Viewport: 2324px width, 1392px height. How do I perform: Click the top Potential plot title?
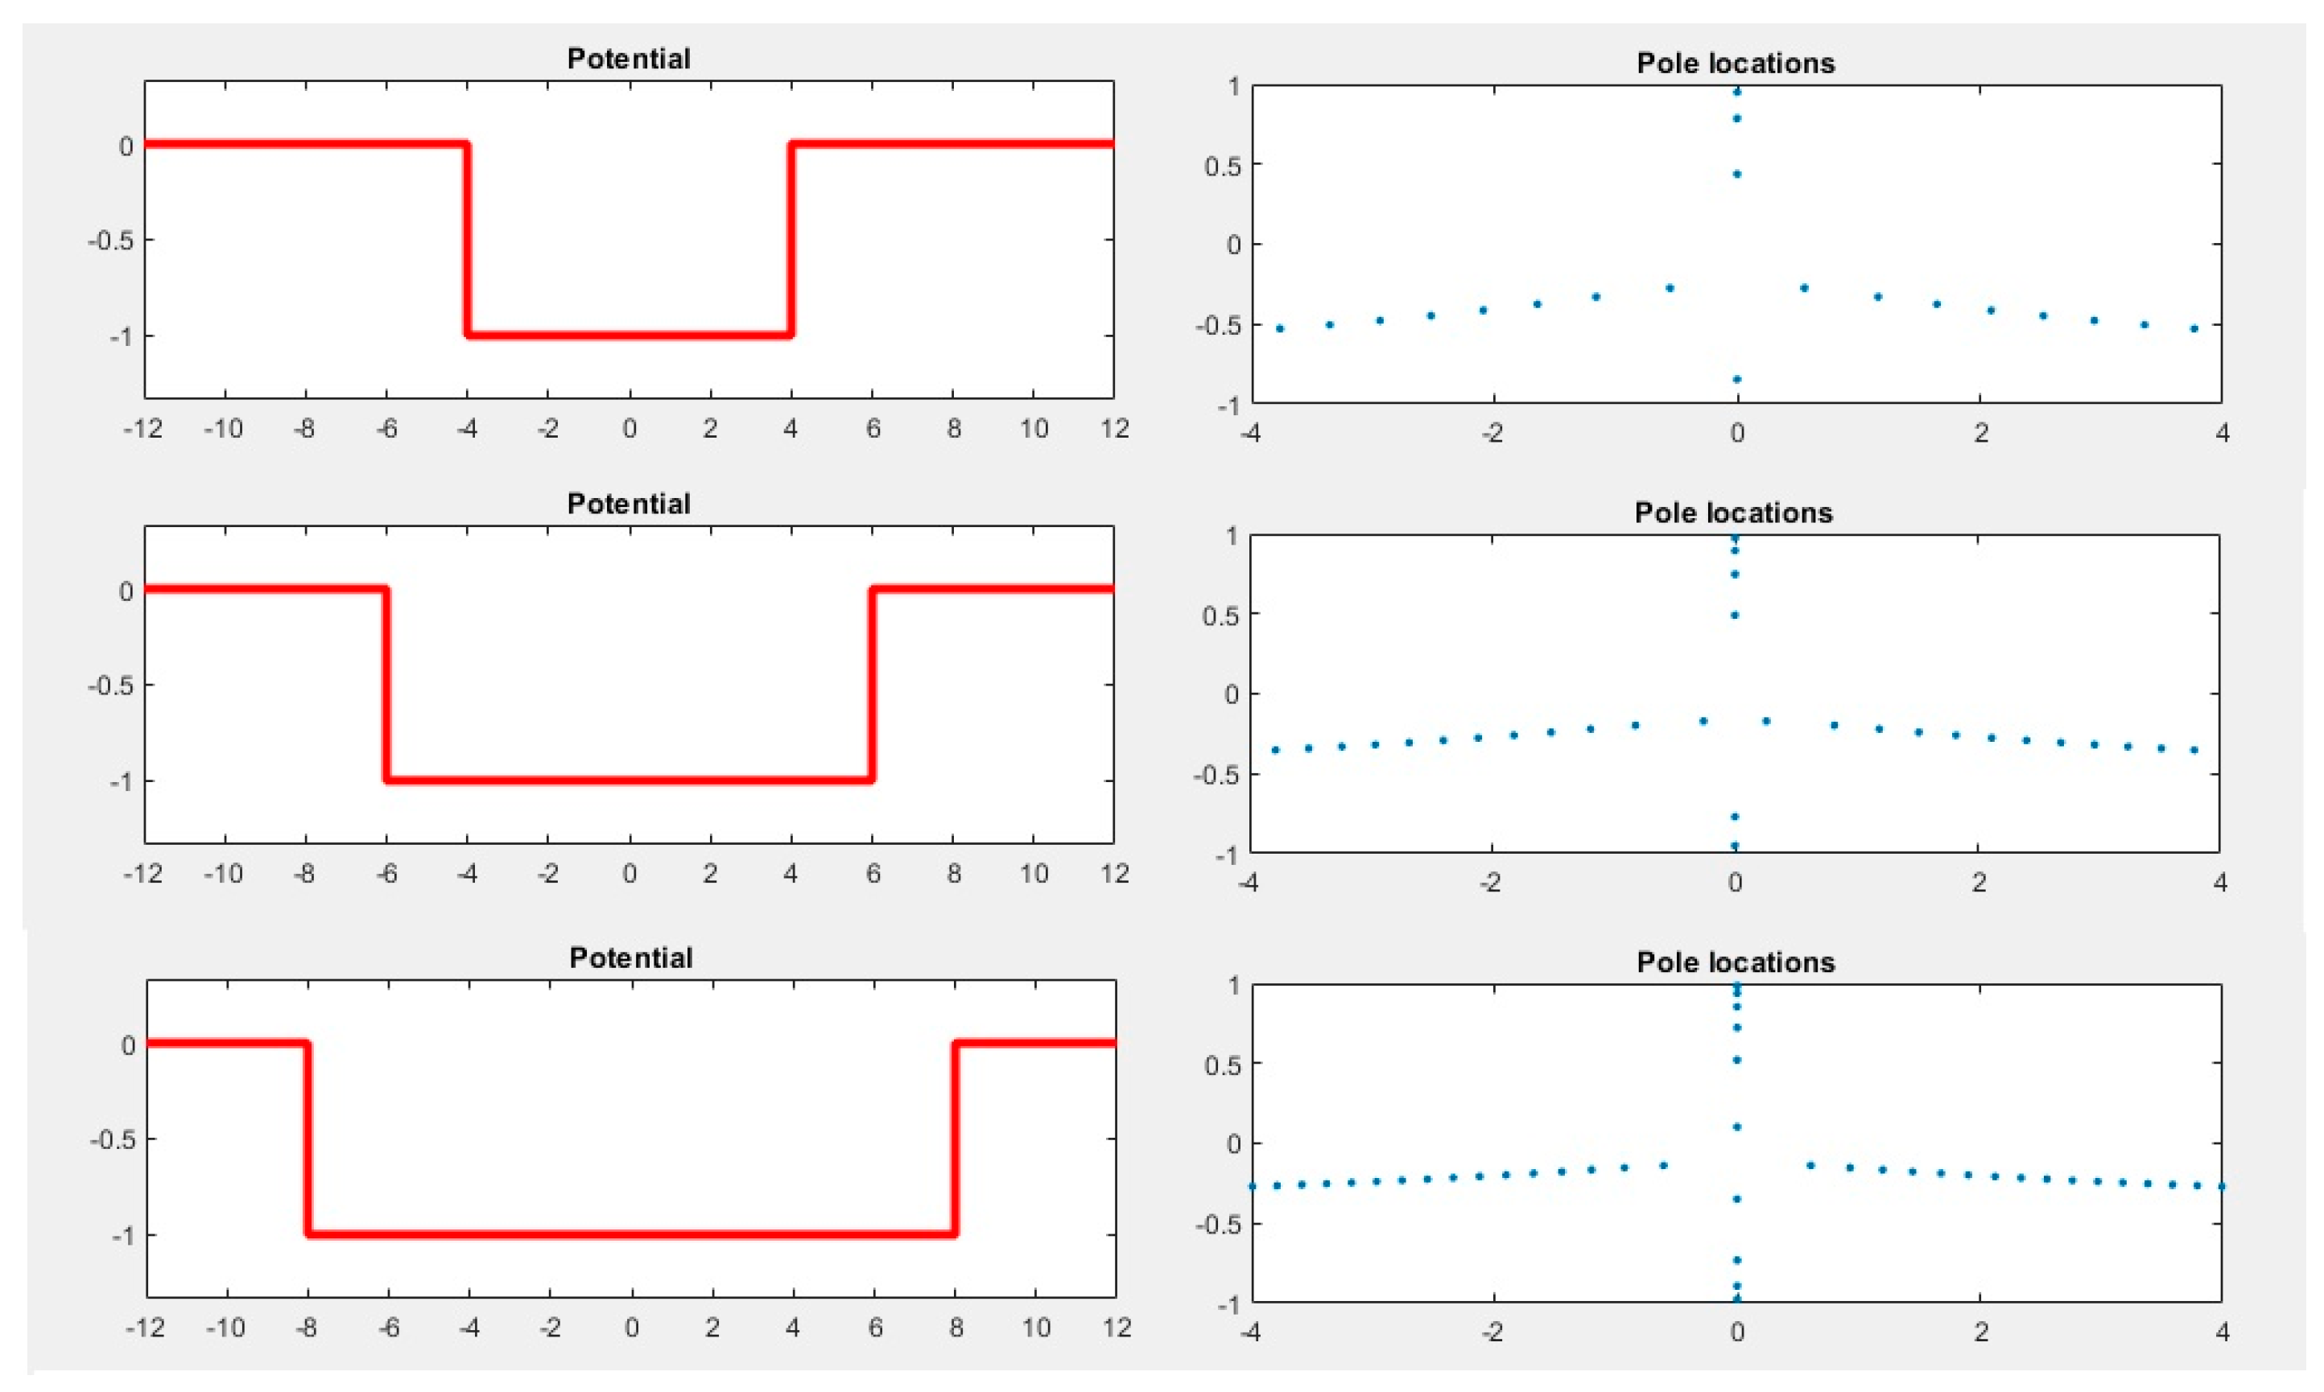(x=629, y=59)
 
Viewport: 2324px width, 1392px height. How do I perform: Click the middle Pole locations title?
(x=1733, y=513)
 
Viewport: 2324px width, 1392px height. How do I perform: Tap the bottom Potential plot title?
(x=630, y=958)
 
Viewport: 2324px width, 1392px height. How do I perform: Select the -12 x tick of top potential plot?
(x=142, y=430)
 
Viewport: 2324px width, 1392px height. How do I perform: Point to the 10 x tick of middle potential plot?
(x=1034, y=874)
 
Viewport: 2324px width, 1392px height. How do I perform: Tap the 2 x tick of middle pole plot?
(x=1979, y=883)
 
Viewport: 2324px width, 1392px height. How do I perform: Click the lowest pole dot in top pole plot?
(x=1736, y=379)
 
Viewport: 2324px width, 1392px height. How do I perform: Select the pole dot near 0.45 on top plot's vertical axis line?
(x=1736, y=175)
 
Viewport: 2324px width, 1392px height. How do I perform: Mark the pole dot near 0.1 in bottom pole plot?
(x=1736, y=1126)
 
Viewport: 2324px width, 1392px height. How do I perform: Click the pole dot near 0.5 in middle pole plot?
(x=1735, y=616)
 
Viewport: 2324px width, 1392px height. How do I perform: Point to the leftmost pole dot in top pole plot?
(x=1279, y=329)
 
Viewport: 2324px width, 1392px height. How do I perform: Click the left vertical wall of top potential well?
(x=466, y=239)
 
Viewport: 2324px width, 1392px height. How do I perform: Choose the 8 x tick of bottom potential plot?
(x=956, y=1328)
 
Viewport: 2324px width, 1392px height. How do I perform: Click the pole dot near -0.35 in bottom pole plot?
(x=1736, y=1199)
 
